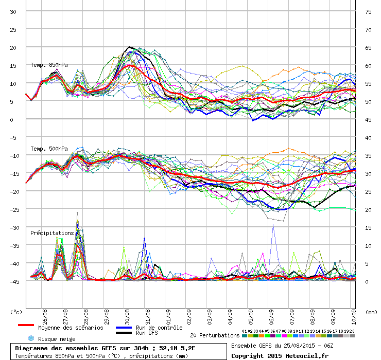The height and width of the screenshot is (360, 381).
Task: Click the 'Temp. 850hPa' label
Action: (49, 65)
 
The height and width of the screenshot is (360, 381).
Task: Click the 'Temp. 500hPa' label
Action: (49, 149)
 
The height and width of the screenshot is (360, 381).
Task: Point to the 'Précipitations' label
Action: (52, 233)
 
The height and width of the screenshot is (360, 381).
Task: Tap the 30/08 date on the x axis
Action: (127, 317)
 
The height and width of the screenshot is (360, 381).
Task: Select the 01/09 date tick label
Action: (168, 317)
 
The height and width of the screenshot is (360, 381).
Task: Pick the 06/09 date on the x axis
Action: (271, 317)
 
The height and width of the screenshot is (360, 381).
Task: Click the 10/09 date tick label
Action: (354, 317)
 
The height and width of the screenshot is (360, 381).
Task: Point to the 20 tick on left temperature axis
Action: (13, 48)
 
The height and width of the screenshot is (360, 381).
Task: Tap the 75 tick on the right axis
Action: (368, 12)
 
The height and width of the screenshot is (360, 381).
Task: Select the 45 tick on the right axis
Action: (368, 120)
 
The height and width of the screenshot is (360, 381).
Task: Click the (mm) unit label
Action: (371, 312)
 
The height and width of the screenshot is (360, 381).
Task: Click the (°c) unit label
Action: (16, 312)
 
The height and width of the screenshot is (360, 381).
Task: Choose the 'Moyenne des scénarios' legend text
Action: (71, 328)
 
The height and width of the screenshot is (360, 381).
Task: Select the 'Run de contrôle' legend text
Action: (159, 328)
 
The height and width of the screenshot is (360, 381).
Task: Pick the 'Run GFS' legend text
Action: (147, 333)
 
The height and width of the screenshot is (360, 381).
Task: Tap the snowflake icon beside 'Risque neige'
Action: (31, 338)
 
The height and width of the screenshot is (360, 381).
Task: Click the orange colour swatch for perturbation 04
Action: (262, 336)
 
